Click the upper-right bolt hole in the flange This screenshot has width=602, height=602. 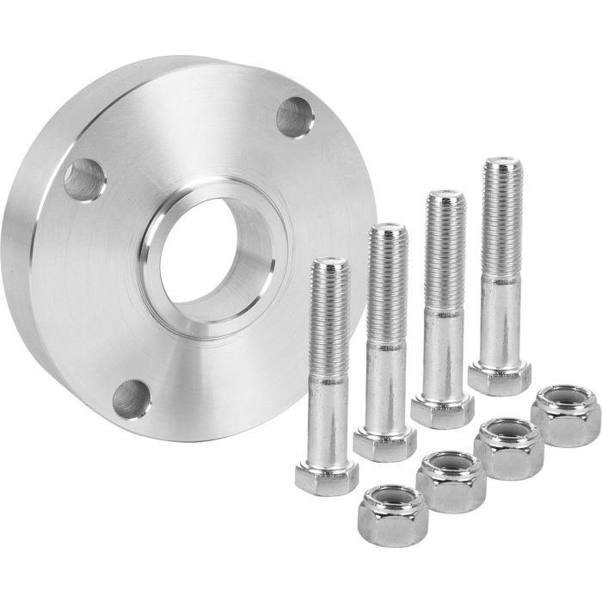coord(295,117)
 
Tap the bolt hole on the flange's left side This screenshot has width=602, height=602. coord(84,180)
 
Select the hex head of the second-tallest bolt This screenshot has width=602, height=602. coord(441,409)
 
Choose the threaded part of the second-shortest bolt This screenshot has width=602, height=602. coord(386,275)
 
